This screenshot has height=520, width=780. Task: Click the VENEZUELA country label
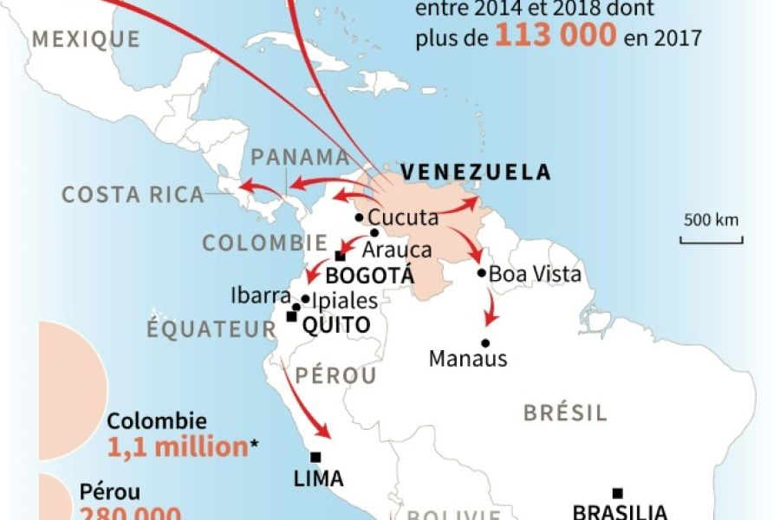click(x=477, y=172)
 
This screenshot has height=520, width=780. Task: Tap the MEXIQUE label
click(x=85, y=39)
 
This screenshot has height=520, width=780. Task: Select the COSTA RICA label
click(x=133, y=194)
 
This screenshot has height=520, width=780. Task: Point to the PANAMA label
click(x=300, y=157)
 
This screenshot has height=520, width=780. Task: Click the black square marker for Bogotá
click(x=340, y=256)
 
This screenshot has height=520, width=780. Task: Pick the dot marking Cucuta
click(x=358, y=218)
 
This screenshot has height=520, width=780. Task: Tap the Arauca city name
click(x=397, y=250)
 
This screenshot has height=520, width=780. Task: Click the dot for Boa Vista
click(x=482, y=274)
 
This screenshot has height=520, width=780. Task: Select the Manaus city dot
click(x=485, y=343)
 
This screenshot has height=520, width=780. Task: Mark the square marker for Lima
click(x=315, y=457)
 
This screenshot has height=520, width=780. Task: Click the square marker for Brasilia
click(x=617, y=492)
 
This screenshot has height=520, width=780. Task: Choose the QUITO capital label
click(x=335, y=325)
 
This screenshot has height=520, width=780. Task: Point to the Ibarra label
click(x=261, y=295)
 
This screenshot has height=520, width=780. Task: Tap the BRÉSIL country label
click(x=565, y=413)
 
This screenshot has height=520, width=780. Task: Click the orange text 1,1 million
click(x=177, y=447)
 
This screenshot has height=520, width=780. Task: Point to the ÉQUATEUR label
click(x=211, y=328)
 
